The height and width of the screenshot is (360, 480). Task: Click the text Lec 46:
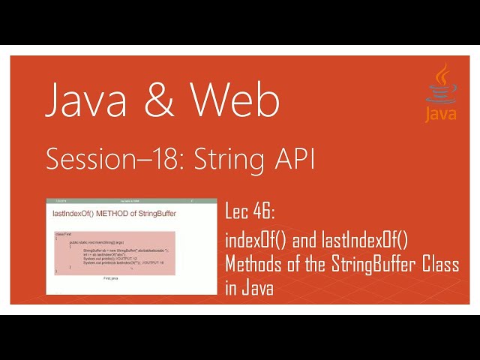point(251,214)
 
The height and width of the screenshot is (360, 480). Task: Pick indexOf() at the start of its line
point(256,240)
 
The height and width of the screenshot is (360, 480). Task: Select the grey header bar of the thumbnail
point(120,202)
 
